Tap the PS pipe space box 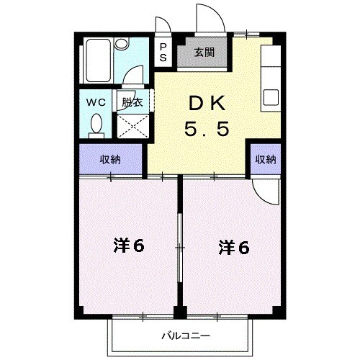coord(163,53)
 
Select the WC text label coord(96,102)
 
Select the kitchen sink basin coord(272,96)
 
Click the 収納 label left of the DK coord(110,159)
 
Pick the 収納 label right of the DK coord(266,159)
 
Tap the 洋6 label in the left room coord(128,246)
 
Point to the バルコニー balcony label coord(186,336)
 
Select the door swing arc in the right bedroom coord(266,189)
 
